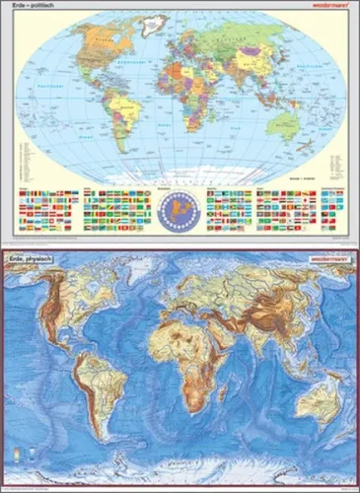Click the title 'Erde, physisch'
click(x=31, y=259)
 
